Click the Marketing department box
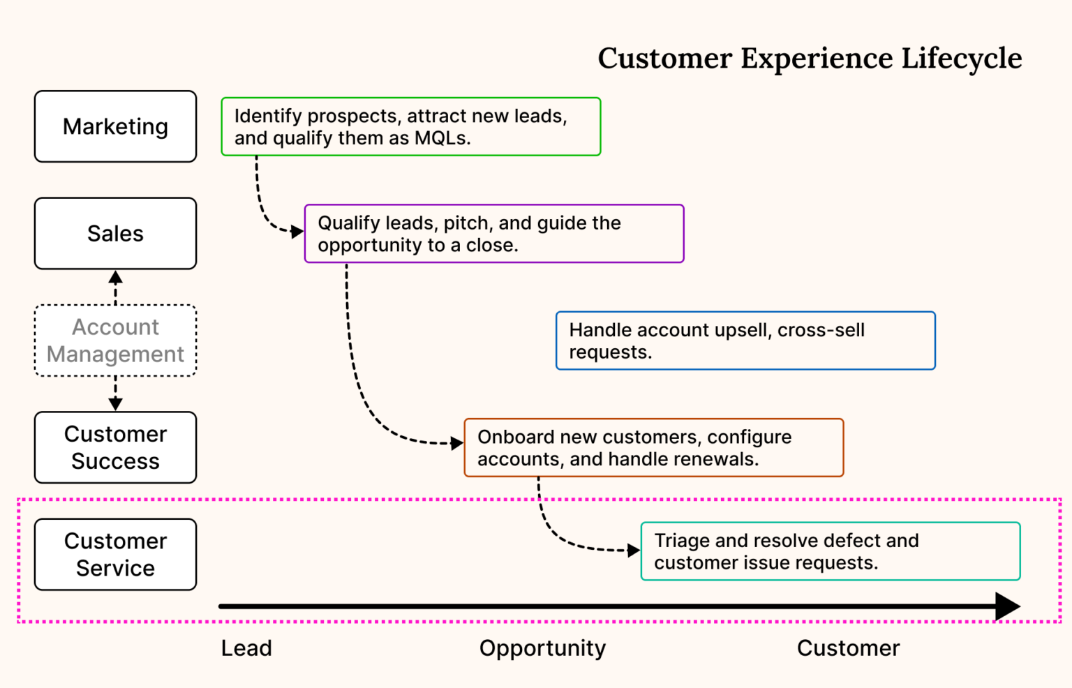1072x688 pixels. [115, 126]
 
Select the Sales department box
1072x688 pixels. [115, 233]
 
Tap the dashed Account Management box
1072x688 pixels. [115, 341]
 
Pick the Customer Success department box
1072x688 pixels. [115, 447]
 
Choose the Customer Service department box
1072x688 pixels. [115, 555]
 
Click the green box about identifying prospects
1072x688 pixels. [410, 126]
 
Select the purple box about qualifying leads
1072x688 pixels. [494, 234]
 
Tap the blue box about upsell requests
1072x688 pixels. [745, 341]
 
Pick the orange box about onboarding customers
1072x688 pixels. [653, 448]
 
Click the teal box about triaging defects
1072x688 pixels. [831, 551]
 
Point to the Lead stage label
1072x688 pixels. [246, 648]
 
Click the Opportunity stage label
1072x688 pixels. [542, 648]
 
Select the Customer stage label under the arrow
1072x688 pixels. [848, 648]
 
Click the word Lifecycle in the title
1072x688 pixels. [961, 59]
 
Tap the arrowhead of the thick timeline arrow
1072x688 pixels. [1008, 606]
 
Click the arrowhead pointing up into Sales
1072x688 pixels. [116, 278]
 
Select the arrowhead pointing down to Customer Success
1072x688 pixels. [116, 403]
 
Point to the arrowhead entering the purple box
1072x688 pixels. [297, 231]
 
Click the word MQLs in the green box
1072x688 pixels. [442, 138]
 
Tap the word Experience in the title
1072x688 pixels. [816, 59]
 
